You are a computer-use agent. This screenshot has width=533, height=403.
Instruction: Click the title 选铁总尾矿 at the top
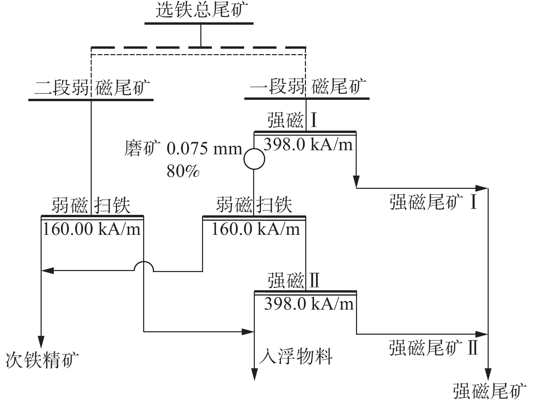pyautogui.click(x=199, y=11)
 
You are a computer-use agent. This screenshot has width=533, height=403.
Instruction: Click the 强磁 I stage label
pyautogui.click(x=292, y=120)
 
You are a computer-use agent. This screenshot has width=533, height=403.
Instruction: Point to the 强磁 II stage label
pyautogui.click(x=293, y=281)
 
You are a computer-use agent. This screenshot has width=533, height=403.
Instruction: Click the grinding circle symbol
pyautogui.click(x=254, y=159)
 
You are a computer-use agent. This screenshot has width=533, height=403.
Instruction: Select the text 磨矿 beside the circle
pyautogui.click(x=141, y=149)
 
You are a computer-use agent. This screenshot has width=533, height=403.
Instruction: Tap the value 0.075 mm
pyautogui.click(x=204, y=149)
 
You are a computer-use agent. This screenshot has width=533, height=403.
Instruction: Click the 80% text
pyautogui.click(x=183, y=172)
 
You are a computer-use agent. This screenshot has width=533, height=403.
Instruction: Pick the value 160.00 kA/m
pyautogui.click(x=91, y=229)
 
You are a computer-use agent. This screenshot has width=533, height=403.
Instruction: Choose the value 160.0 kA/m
pyautogui.click(x=256, y=229)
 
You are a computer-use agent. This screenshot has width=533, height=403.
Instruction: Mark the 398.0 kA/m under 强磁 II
pyautogui.click(x=309, y=304)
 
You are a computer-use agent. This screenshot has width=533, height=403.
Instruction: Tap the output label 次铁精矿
pyautogui.click(x=42, y=360)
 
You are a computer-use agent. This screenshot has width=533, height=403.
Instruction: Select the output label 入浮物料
pyautogui.click(x=296, y=356)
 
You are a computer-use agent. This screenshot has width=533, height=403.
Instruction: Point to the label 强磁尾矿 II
pyautogui.click(x=433, y=348)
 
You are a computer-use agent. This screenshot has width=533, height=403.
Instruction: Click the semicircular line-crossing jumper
pyautogui.click(x=144, y=267)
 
